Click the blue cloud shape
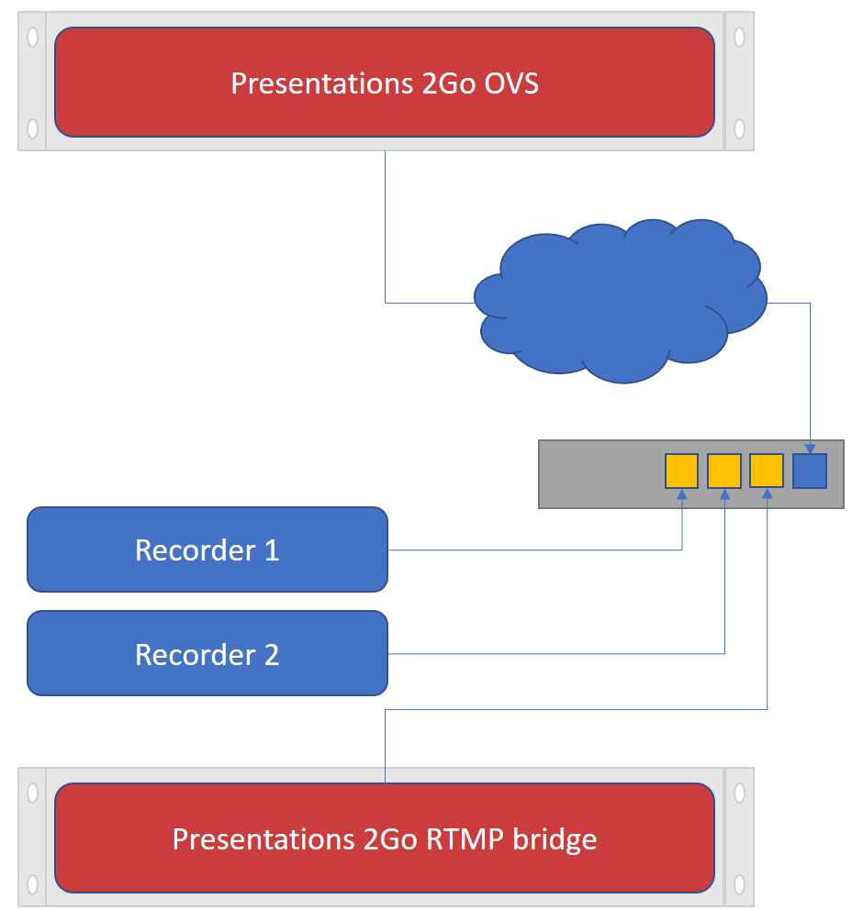click(x=621, y=301)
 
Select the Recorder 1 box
click(x=207, y=549)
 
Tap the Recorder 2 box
click(x=207, y=653)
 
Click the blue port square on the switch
click(x=810, y=471)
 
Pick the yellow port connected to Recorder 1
click(x=682, y=471)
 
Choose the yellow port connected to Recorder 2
click(x=724, y=471)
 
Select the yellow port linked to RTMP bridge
click(x=767, y=471)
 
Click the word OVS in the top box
click(x=511, y=83)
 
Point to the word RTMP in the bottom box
click(x=465, y=839)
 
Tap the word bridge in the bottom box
click(x=555, y=840)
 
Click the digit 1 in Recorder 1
click(x=272, y=550)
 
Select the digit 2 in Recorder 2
click(x=272, y=655)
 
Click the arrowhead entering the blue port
click(x=810, y=449)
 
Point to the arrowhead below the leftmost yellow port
click(x=682, y=494)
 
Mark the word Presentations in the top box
click(x=322, y=83)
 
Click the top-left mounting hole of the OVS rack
click(x=32, y=37)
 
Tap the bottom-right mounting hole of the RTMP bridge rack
click(x=739, y=884)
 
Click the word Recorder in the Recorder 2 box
click(x=196, y=655)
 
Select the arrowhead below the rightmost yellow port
click(x=768, y=494)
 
